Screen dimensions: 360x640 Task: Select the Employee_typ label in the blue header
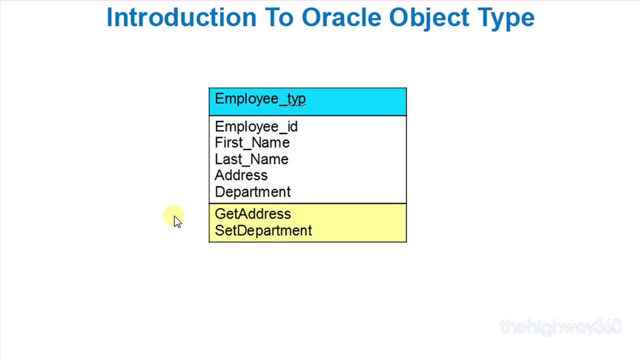[260, 99]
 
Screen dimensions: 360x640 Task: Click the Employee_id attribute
[256, 127]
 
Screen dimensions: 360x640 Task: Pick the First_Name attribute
[252, 143]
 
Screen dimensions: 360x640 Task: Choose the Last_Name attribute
[251, 159]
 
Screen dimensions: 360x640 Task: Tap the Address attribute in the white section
[241, 175]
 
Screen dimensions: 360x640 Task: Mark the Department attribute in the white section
[252, 192]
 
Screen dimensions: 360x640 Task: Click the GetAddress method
[252, 214]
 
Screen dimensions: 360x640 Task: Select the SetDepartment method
[263, 230]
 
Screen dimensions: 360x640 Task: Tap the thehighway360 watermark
[560, 327]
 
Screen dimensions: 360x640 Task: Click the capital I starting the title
[109, 17]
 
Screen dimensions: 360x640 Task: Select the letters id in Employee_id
[292, 127]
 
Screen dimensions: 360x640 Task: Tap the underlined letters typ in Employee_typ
[296, 99]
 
